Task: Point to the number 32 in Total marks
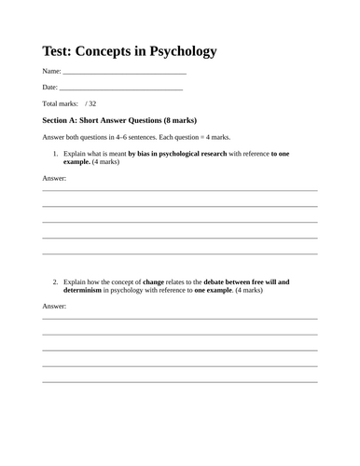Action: tap(91, 103)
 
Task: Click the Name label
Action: tap(52, 71)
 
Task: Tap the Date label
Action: tap(50, 87)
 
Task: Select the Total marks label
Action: tap(61, 103)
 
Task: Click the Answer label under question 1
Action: tap(55, 177)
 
